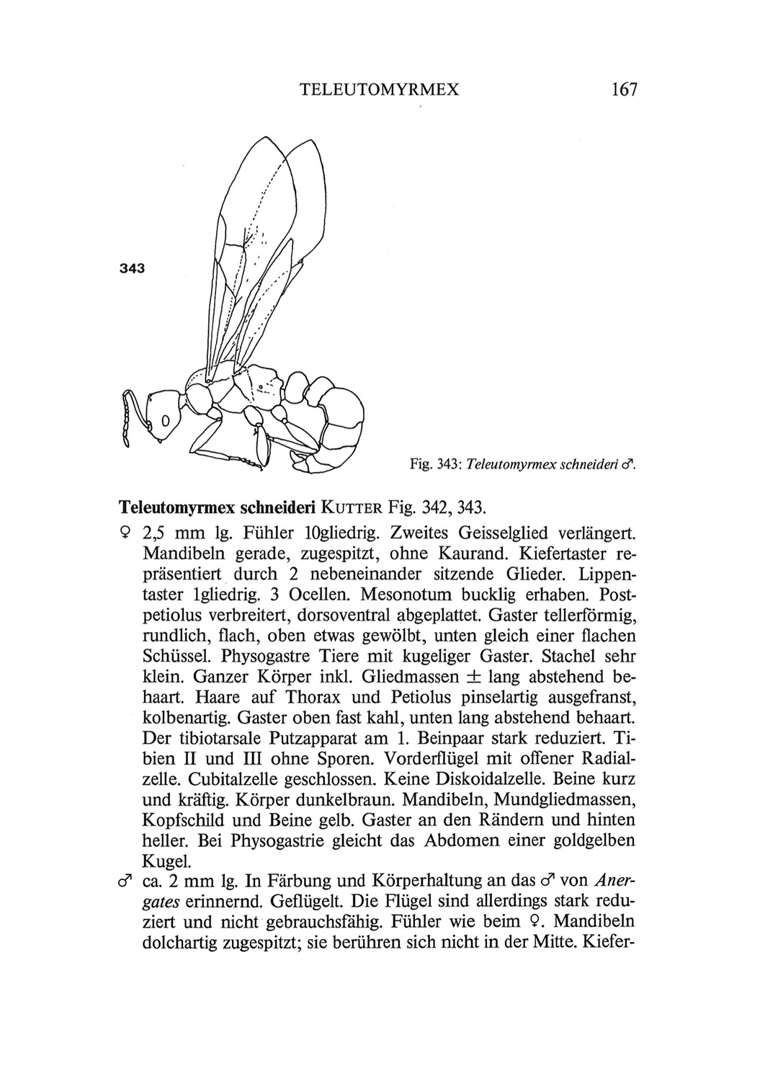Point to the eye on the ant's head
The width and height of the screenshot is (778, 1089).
tap(164, 419)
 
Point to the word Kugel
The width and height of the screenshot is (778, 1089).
tap(166, 861)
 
